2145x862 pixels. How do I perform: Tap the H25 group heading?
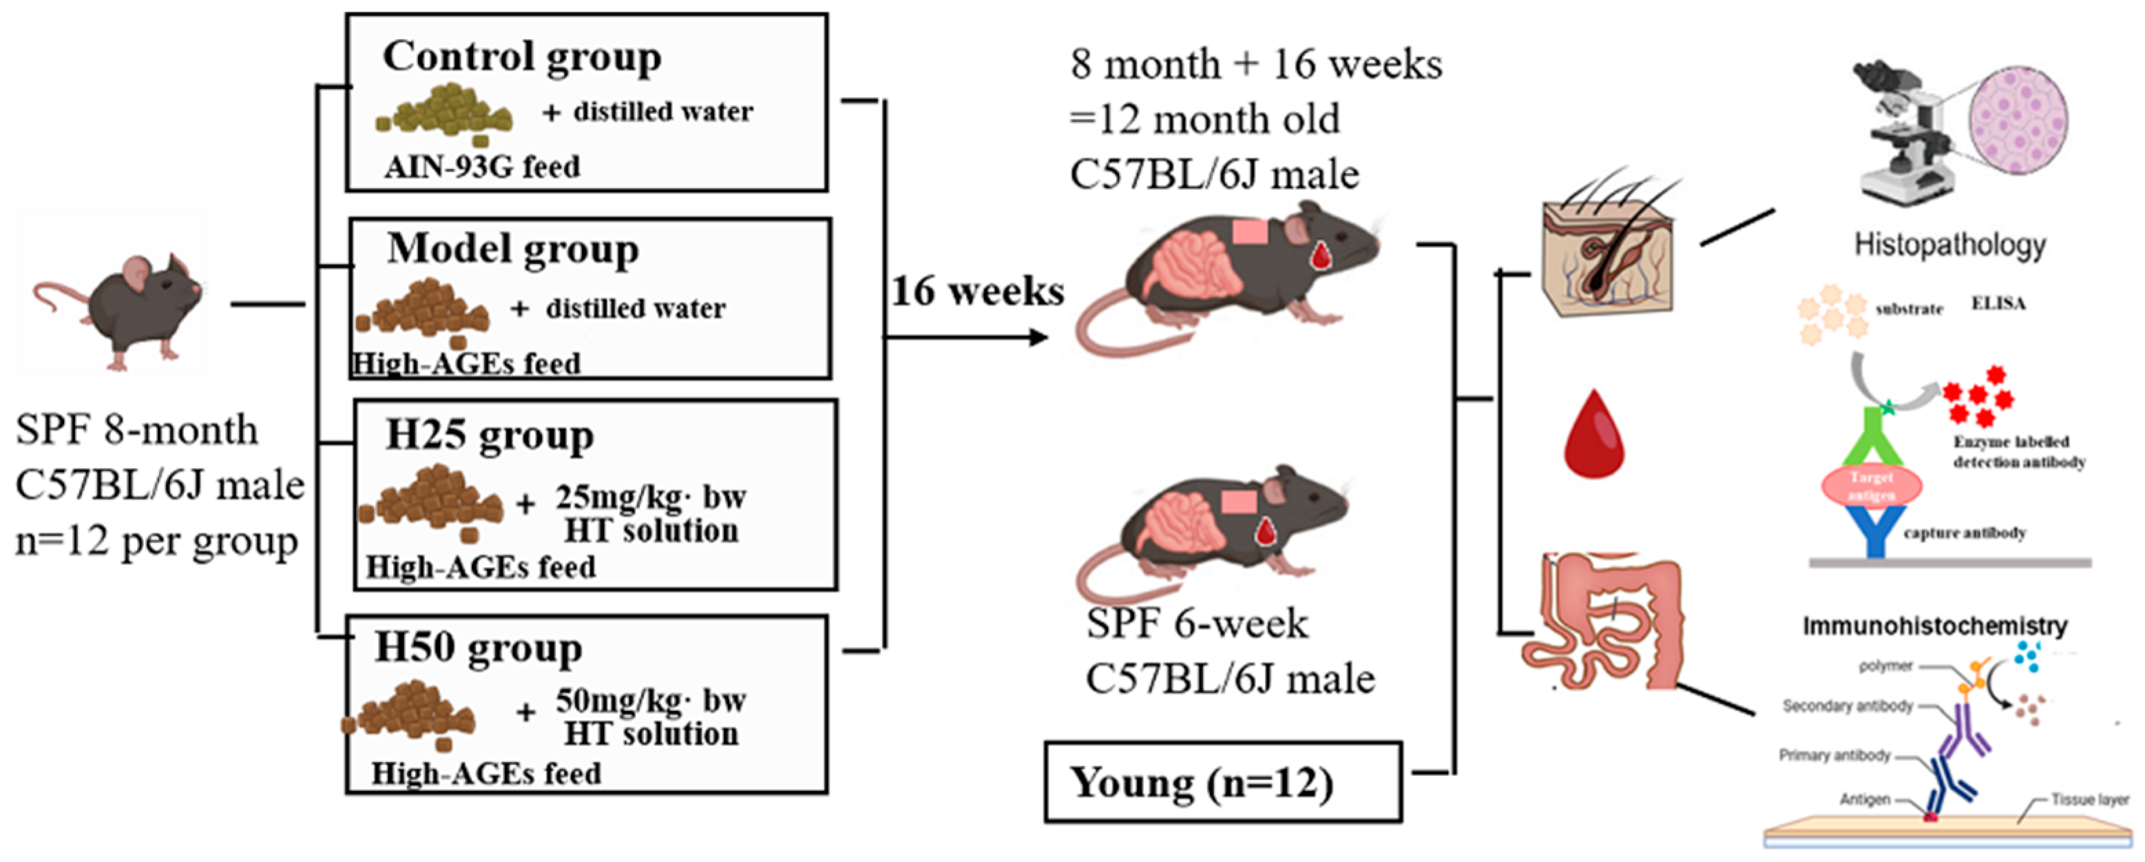tap(490, 436)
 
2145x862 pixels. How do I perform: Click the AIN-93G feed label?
tap(482, 167)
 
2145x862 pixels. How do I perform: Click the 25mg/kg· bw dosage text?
tap(650, 497)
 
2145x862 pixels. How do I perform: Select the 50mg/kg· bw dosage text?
tap(650, 701)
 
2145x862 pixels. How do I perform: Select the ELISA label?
tap(1998, 304)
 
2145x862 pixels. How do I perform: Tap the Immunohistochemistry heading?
tap(1935, 626)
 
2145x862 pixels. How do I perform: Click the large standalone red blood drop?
tap(1593, 435)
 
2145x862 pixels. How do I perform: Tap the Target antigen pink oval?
tap(1872, 486)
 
